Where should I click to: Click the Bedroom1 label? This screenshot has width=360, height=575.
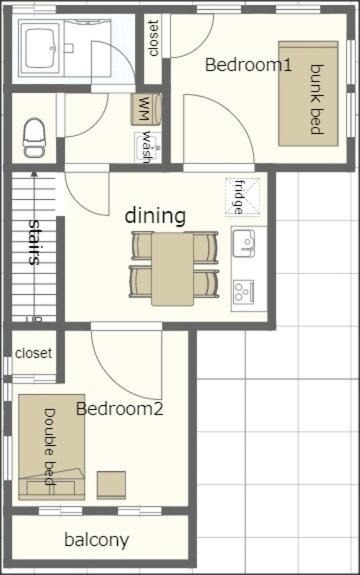(249, 65)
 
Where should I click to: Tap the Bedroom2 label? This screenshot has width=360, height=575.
(120, 409)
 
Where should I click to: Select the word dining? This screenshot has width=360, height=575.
(155, 216)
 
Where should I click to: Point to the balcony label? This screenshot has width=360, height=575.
(97, 540)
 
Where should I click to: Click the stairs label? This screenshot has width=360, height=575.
(34, 242)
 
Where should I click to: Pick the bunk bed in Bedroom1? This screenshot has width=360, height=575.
(308, 94)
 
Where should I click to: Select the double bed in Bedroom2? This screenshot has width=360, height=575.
(52, 447)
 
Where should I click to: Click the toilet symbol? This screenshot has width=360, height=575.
(34, 138)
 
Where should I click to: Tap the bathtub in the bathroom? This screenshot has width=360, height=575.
(41, 48)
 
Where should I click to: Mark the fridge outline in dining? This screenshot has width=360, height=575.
(242, 196)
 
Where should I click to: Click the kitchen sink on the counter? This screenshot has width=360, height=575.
(244, 243)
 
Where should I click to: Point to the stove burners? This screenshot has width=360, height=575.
(244, 293)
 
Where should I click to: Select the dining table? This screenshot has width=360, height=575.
(173, 269)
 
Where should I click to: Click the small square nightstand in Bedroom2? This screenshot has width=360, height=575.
(111, 485)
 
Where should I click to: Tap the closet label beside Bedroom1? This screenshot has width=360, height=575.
(154, 38)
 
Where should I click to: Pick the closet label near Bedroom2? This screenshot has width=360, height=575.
(34, 353)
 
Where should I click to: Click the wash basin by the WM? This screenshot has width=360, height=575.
(147, 148)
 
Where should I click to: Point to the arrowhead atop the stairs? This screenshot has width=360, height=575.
(34, 175)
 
